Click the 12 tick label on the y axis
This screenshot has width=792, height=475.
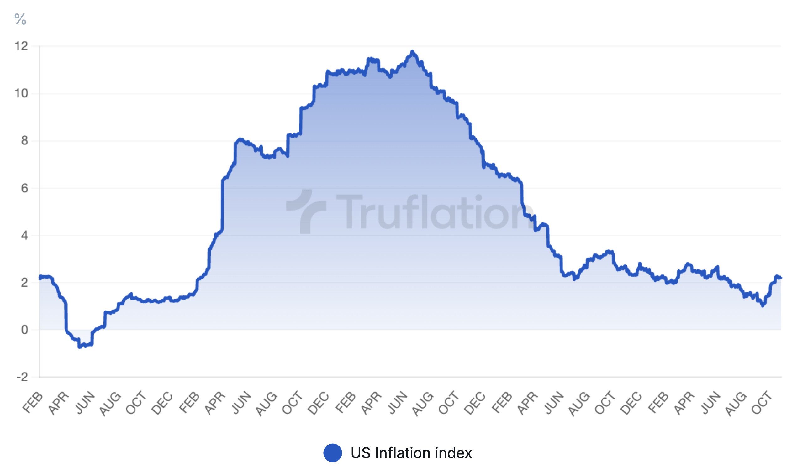pos(21,46)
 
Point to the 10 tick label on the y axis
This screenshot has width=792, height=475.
pos(21,93)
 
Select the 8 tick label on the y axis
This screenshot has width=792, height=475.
pos(24,140)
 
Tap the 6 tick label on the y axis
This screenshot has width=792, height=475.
pos(24,188)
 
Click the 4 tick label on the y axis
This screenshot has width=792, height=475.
pos(24,236)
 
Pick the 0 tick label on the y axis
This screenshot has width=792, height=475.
pos(24,330)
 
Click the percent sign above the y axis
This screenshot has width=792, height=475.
pos(20,19)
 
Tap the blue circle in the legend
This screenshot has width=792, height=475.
pos(332,453)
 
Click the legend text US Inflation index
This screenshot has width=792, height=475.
pos(411,453)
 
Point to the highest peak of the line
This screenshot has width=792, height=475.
pos(412,51)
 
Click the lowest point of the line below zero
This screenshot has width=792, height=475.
pos(79,347)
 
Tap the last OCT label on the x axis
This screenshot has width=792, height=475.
pos(761,403)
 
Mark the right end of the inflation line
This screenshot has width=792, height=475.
pos(781,278)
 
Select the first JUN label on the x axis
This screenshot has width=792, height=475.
pos(85,403)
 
